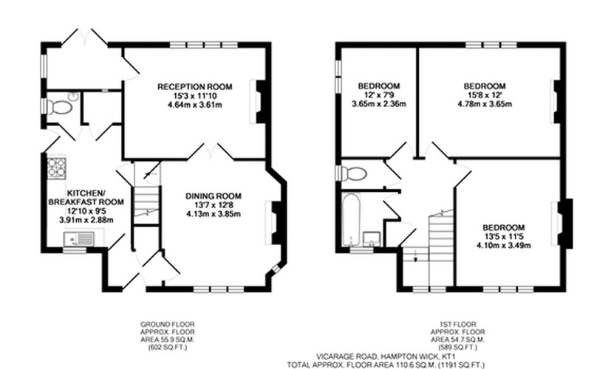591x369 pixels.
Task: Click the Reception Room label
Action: tap(194, 86)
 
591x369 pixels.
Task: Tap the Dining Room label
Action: tap(213, 196)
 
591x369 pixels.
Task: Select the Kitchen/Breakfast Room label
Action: tap(86, 197)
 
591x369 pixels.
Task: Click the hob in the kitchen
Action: tap(57, 168)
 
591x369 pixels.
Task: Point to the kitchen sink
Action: tap(79, 238)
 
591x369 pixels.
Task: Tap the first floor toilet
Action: tap(354, 173)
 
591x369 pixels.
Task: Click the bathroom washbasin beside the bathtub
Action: tap(372, 238)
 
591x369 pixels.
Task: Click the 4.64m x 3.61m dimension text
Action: tap(194, 105)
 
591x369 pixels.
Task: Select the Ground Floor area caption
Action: tap(168, 336)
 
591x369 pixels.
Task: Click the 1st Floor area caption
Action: tap(457, 336)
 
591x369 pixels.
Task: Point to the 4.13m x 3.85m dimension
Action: tap(213, 214)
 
